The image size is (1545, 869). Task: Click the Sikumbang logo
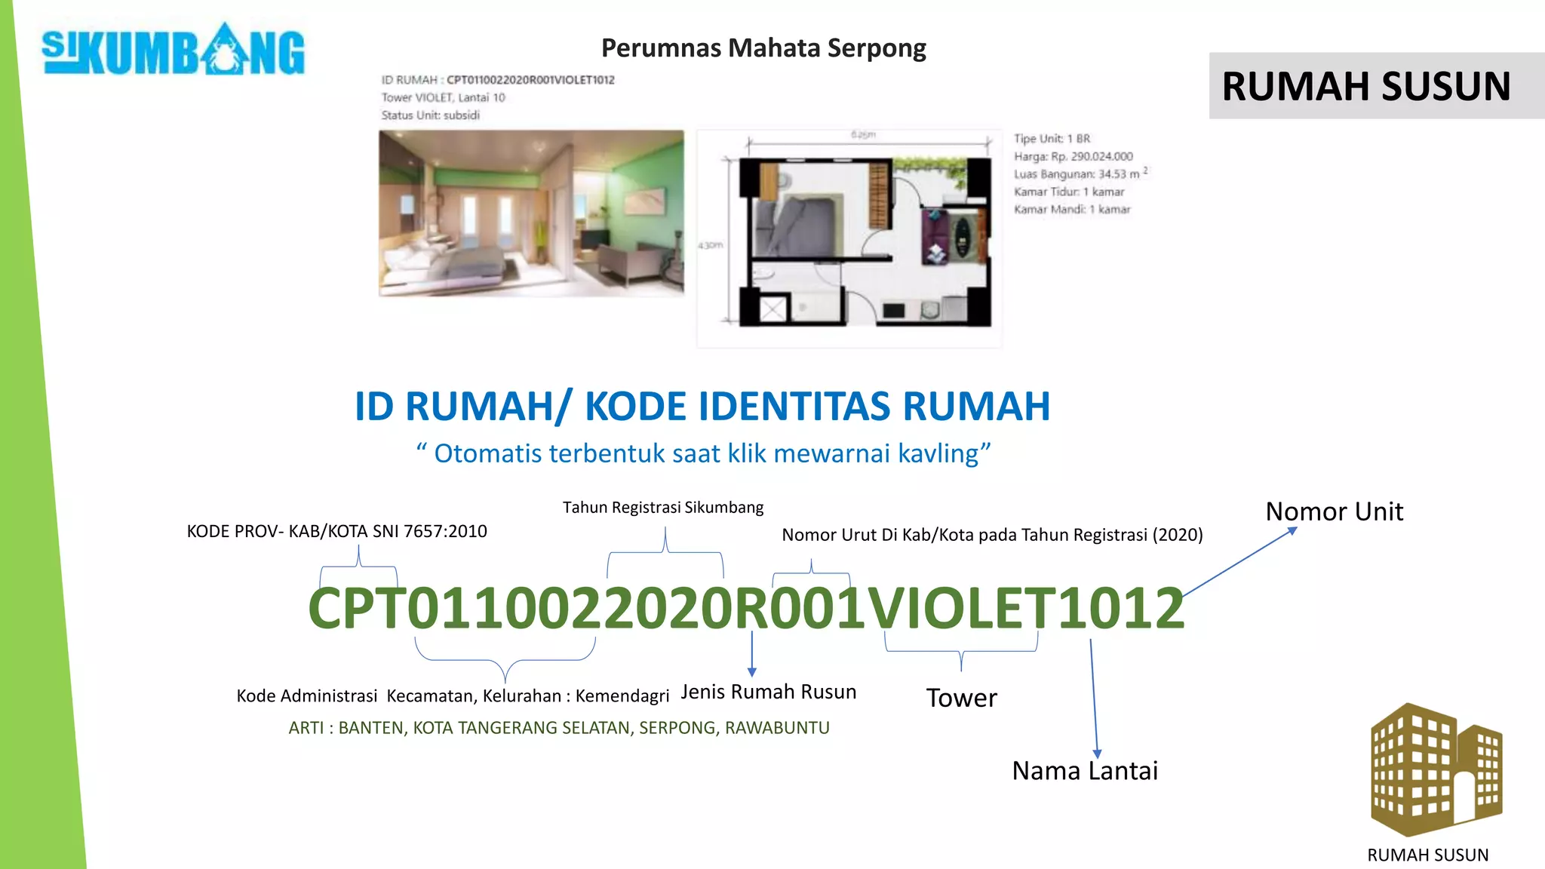(174, 51)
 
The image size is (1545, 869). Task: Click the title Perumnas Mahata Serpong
(763, 48)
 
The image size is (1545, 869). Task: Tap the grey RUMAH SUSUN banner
(1366, 86)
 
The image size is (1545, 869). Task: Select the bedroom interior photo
(531, 213)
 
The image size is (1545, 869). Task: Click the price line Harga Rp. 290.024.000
(1073, 156)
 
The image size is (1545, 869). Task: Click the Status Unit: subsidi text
(430, 115)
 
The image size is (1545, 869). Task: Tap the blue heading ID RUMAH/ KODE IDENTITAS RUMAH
(702, 407)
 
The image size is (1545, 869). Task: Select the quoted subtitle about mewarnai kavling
(703, 453)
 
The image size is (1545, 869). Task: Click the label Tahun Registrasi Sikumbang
(663, 508)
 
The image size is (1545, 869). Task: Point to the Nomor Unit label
(1334, 511)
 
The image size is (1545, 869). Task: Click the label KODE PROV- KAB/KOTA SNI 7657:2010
(336, 531)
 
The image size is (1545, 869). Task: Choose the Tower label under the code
(961, 698)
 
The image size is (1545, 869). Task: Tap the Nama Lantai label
(1084, 771)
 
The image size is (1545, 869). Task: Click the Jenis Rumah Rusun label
(768, 692)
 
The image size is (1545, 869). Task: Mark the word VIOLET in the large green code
(960, 609)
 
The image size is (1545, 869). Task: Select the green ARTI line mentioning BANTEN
(559, 728)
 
